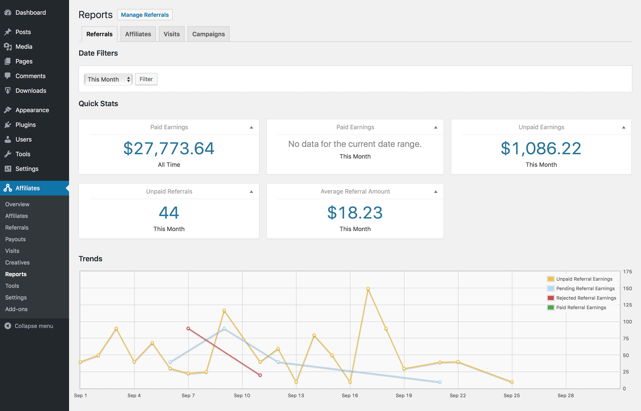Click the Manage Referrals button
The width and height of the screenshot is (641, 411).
pyautogui.click(x=145, y=15)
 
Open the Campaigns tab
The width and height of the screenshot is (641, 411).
pyautogui.click(x=208, y=34)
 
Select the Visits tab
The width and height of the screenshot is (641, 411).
pyautogui.click(x=171, y=34)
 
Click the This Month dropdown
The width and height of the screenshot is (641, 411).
pyautogui.click(x=108, y=79)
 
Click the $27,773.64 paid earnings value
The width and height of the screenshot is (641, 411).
pyautogui.click(x=169, y=148)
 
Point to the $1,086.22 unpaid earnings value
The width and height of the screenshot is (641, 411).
pyautogui.click(x=541, y=148)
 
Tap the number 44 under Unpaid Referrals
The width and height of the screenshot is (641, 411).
pyautogui.click(x=169, y=213)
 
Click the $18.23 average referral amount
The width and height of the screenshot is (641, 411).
pyautogui.click(x=355, y=213)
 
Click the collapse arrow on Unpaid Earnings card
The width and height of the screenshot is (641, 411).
pyautogui.click(x=624, y=127)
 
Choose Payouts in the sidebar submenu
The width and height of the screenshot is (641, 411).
pyautogui.click(x=16, y=239)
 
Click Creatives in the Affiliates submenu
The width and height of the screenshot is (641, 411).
pyautogui.click(x=17, y=262)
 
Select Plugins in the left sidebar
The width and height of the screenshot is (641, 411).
pyautogui.click(x=25, y=125)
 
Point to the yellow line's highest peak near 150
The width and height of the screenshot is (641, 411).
pyautogui.click(x=368, y=289)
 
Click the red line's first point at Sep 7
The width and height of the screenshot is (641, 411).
pyautogui.click(x=188, y=328)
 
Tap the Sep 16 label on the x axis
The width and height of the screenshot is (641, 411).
pyautogui.click(x=350, y=395)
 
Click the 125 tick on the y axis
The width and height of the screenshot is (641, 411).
pyautogui.click(x=627, y=305)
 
